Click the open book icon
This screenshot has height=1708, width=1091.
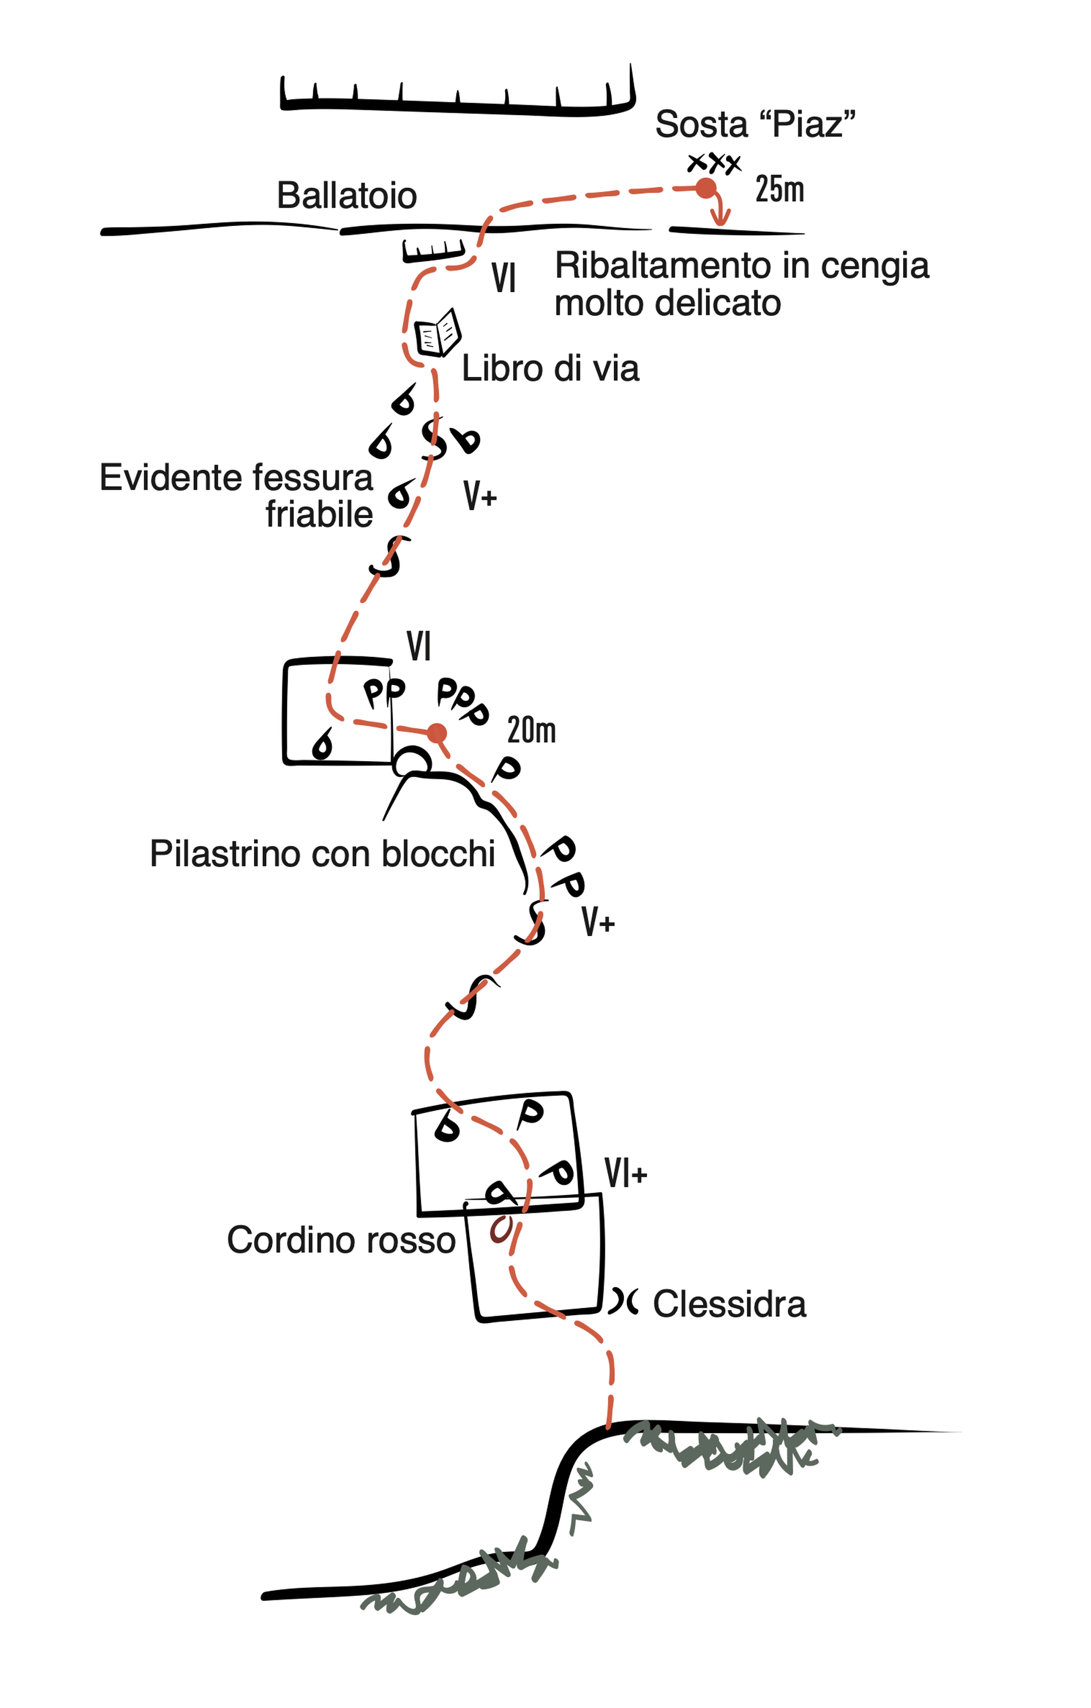click(437, 332)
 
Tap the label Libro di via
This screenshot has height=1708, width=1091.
click(551, 369)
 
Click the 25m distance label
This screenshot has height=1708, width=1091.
click(780, 190)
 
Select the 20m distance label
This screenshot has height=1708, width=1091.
click(531, 730)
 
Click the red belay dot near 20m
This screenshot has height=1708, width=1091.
click(437, 733)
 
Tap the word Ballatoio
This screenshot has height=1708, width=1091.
click(346, 196)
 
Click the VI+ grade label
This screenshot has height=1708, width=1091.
click(626, 1173)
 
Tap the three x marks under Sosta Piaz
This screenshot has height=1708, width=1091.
click(714, 163)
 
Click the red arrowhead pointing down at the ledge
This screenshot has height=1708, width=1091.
click(721, 220)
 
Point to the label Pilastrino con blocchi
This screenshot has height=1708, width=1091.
click(322, 854)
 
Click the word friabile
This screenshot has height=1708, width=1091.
click(319, 514)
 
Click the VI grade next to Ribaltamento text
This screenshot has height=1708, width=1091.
click(503, 277)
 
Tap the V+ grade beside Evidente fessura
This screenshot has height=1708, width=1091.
click(480, 496)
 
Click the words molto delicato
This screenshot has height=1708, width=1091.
click(667, 303)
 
